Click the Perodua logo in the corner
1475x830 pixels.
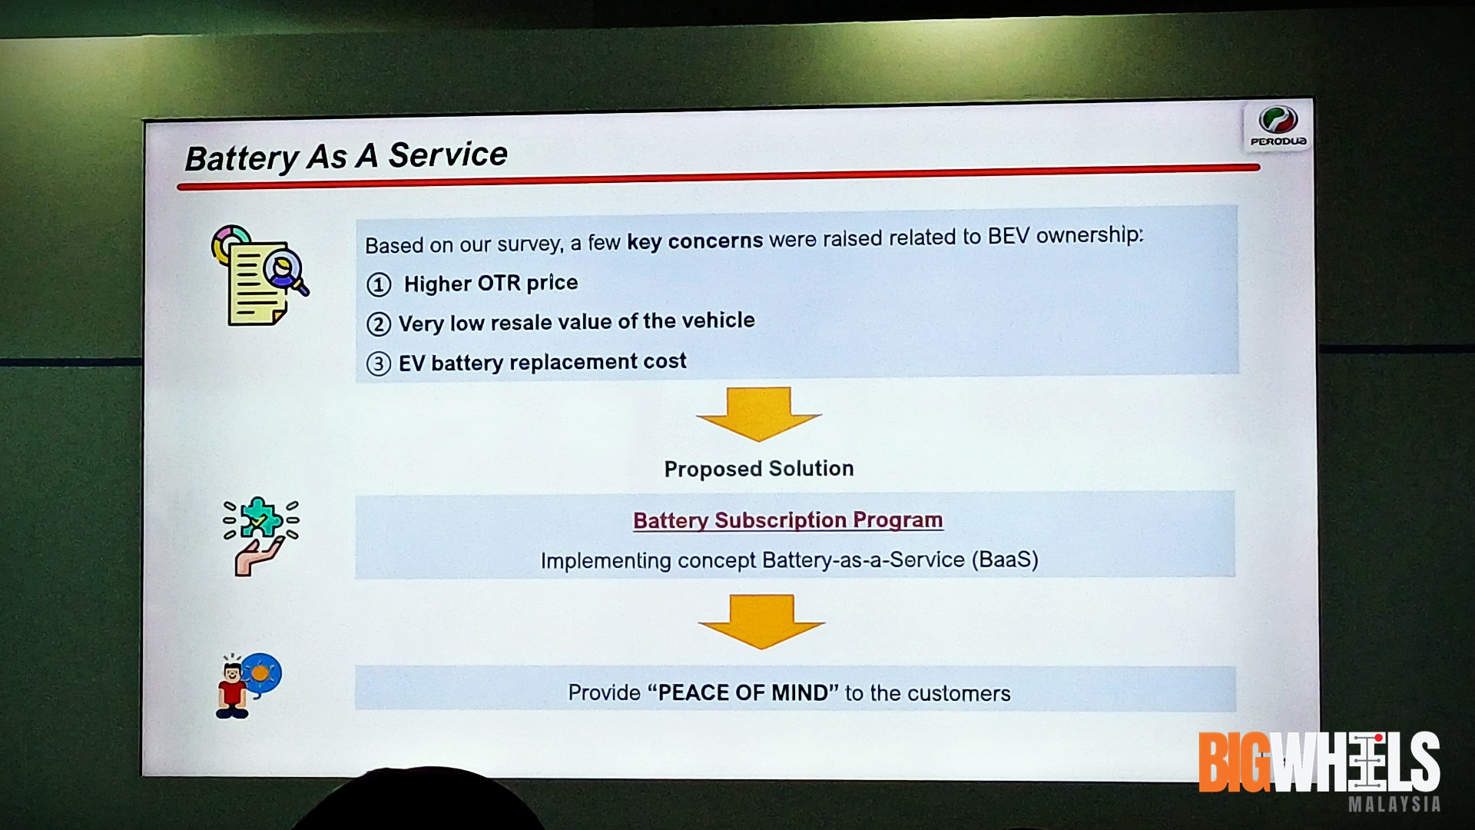pyautogui.click(x=1278, y=127)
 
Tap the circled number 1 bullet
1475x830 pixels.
pyautogui.click(x=378, y=285)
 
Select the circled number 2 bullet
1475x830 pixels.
pyautogui.click(x=378, y=324)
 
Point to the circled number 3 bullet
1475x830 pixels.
pyautogui.click(x=378, y=364)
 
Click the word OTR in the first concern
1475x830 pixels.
pyautogui.click(x=499, y=284)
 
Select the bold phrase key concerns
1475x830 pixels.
pyautogui.click(x=695, y=241)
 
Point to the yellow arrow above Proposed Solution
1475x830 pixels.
pyautogui.click(x=759, y=414)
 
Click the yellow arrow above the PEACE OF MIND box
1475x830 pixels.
pyautogui.click(x=761, y=622)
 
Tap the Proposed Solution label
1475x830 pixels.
pyautogui.click(x=759, y=469)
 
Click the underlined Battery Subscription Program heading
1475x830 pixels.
pyautogui.click(x=788, y=520)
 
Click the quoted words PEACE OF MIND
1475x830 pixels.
pyautogui.click(x=743, y=692)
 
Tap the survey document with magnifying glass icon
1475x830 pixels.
pyautogui.click(x=260, y=275)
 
